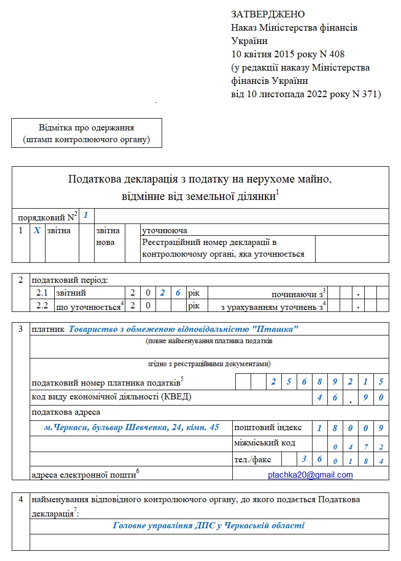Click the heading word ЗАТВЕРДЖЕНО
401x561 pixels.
268,14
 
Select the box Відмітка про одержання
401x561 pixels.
86,133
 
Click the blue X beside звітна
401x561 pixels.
37,231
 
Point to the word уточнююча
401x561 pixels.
165,231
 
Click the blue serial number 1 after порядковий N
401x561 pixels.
86,215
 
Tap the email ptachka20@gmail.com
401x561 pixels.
310,475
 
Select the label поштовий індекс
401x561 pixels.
268,428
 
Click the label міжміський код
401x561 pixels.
264,442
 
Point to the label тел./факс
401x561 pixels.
253,459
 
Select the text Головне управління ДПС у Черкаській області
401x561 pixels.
208,525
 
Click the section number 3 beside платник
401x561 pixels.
20,329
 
